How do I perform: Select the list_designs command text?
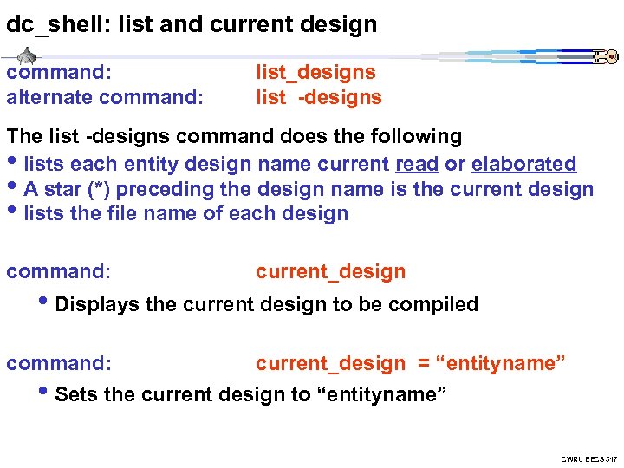pos(315,72)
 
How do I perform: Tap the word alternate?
pos(48,97)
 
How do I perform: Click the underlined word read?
pos(415,164)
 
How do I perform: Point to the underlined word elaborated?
pos(524,164)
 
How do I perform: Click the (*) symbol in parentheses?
pos(88,189)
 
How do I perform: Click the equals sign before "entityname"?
pos(424,363)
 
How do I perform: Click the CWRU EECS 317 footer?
pos(588,458)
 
